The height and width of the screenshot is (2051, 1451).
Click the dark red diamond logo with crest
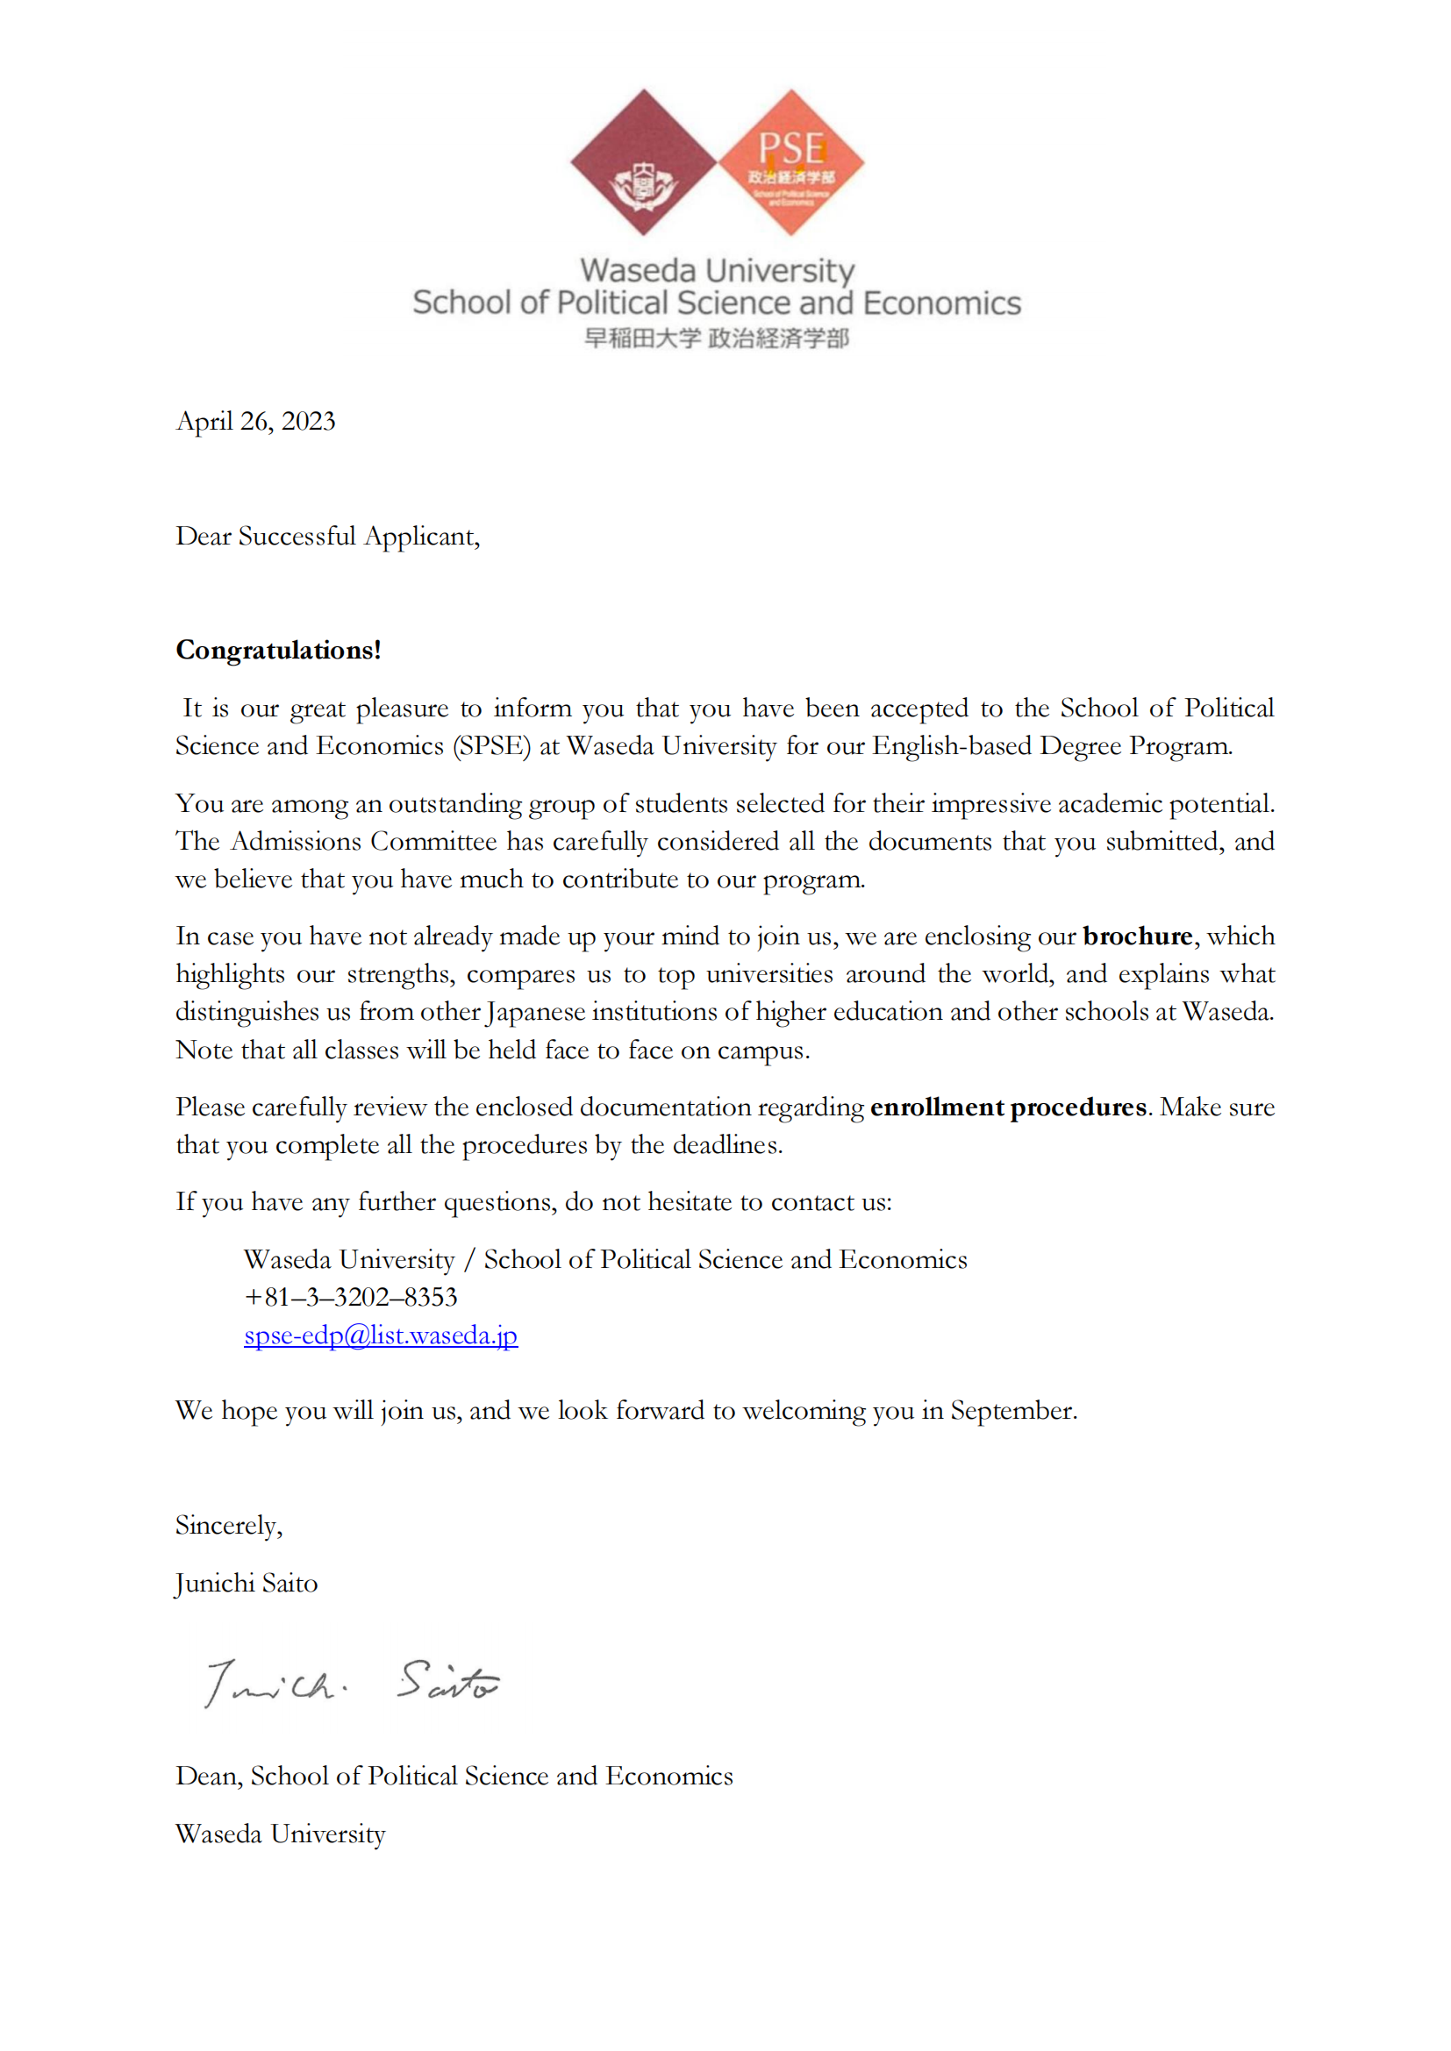(x=643, y=162)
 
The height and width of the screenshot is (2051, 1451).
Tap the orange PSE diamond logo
(x=790, y=162)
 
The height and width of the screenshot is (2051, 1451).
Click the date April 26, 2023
(x=255, y=421)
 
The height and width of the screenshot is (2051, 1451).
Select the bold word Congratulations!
(x=278, y=650)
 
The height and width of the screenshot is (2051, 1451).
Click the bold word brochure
(x=1138, y=936)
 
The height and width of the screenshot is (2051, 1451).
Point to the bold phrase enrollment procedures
(x=1008, y=1107)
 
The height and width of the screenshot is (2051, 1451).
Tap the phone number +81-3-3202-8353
(x=350, y=1296)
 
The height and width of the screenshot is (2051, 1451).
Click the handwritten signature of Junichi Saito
(x=352, y=1683)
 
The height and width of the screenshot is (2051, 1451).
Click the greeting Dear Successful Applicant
(x=327, y=536)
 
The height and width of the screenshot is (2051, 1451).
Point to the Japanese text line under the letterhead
(x=717, y=338)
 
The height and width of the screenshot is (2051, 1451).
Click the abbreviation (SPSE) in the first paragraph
(x=491, y=746)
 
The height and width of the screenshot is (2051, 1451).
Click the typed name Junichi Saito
(x=247, y=1583)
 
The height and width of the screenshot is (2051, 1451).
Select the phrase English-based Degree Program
(x=1052, y=746)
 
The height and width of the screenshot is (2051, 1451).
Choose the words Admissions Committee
(x=364, y=841)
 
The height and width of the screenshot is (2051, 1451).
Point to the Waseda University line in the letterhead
(x=717, y=271)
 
